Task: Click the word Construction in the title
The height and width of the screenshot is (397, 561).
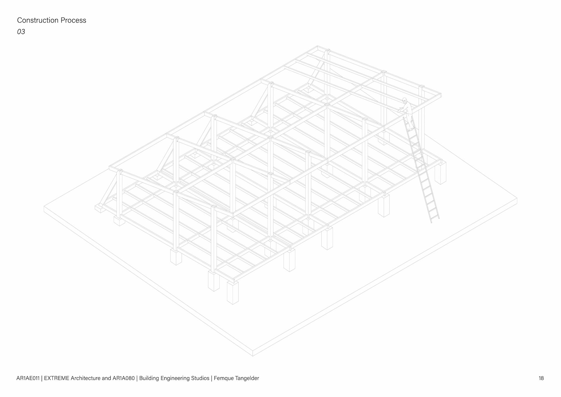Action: click(38, 20)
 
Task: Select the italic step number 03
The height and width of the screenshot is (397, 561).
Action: click(21, 32)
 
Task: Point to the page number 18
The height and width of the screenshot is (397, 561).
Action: click(541, 378)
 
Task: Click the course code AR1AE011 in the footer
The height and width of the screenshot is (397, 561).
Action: click(28, 378)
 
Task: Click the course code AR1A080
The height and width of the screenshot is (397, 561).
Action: click(123, 378)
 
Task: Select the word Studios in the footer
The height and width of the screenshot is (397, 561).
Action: click(200, 378)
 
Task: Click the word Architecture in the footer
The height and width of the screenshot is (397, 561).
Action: click(86, 378)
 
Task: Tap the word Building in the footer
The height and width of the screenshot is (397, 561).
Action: click(149, 378)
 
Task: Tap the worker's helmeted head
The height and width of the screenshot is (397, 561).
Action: click(405, 100)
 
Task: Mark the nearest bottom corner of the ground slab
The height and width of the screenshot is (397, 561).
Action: click(253, 355)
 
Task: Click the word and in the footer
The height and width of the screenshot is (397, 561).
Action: click(106, 378)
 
